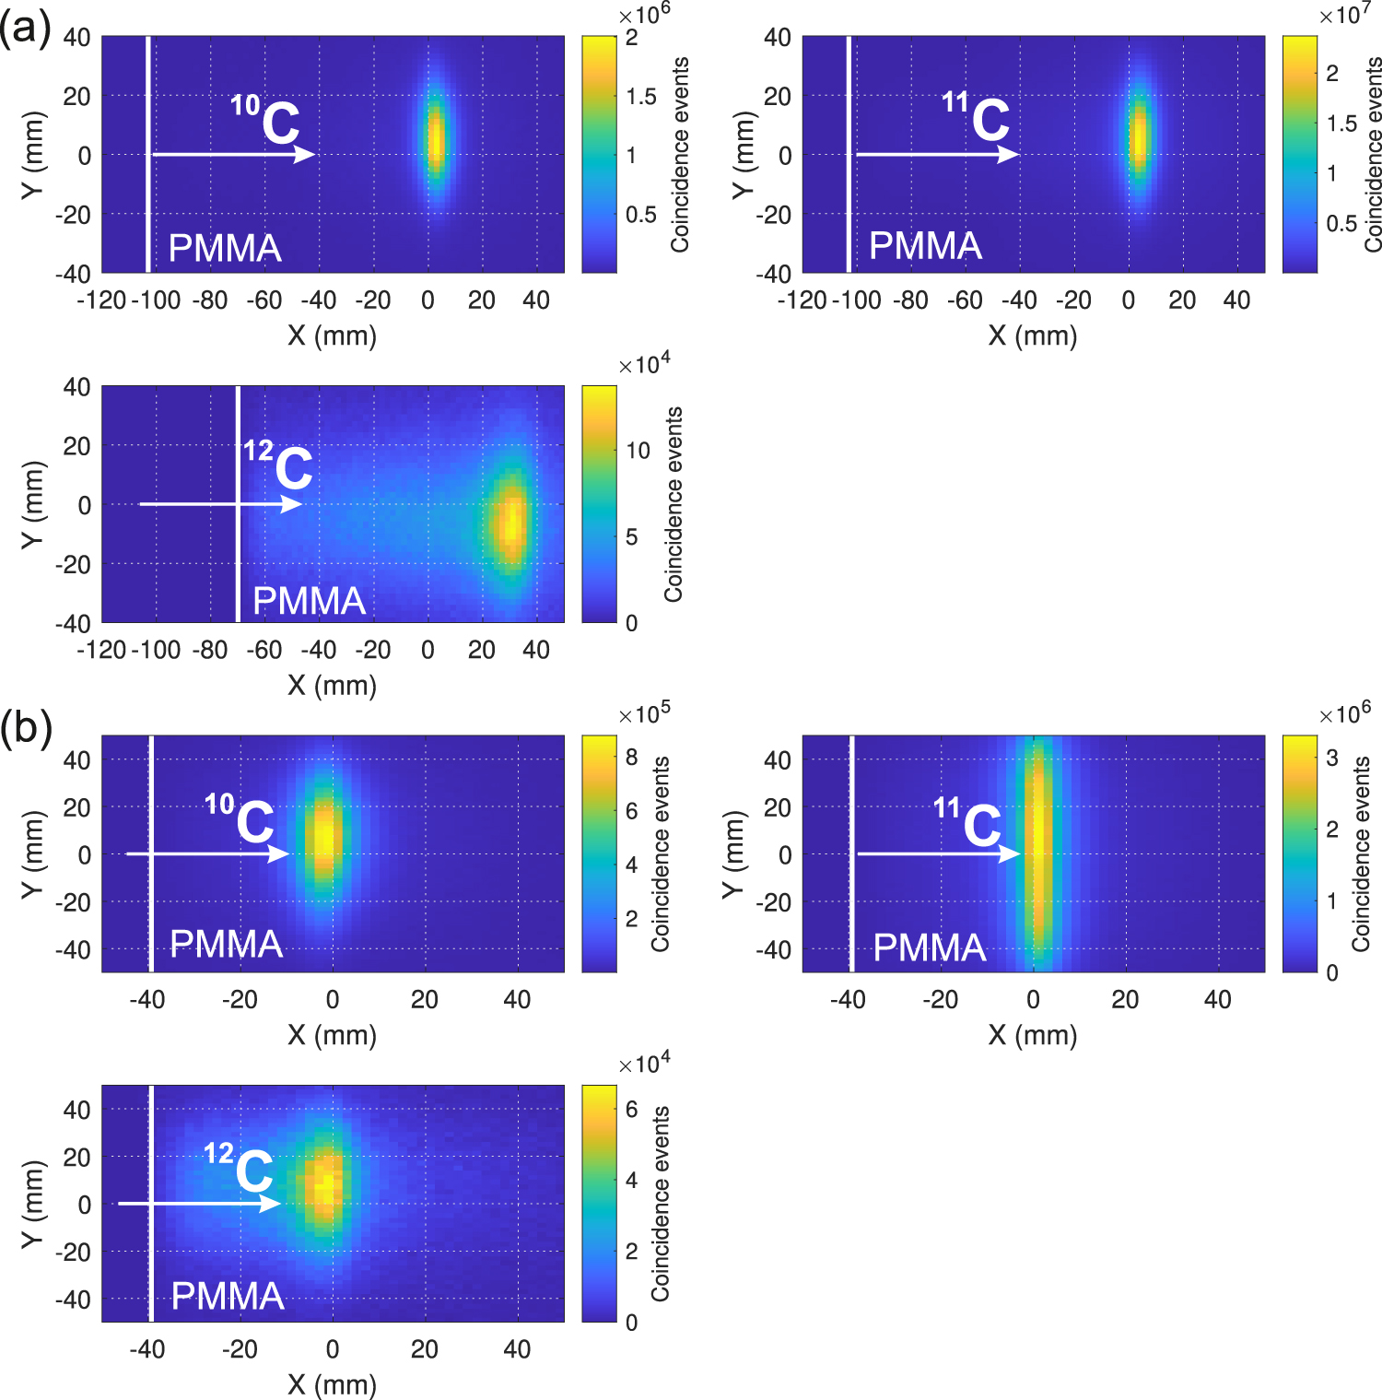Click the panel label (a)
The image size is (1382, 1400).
pos(25,29)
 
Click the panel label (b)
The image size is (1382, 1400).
pos(25,728)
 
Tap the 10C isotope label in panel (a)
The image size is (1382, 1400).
pos(266,120)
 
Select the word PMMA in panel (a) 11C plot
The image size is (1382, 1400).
pos(925,246)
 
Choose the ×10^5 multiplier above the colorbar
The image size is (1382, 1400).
pos(644,714)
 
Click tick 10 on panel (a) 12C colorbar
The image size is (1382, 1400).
pos(638,451)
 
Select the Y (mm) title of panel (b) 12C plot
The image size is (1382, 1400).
pos(32,1204)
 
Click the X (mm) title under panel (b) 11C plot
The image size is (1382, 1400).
pos(1033,1035)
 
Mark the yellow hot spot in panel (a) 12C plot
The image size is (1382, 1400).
pos(510,522)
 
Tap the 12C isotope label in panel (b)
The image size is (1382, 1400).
pos(240,1168)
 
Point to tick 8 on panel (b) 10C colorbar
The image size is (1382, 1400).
pos(632,758)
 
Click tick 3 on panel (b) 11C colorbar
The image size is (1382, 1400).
pos(1332,758)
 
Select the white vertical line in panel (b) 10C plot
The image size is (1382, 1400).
pos(151,853)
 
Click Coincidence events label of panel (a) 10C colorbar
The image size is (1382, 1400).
pos(680,155)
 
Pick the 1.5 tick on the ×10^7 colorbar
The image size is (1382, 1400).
pos(1341,124)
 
